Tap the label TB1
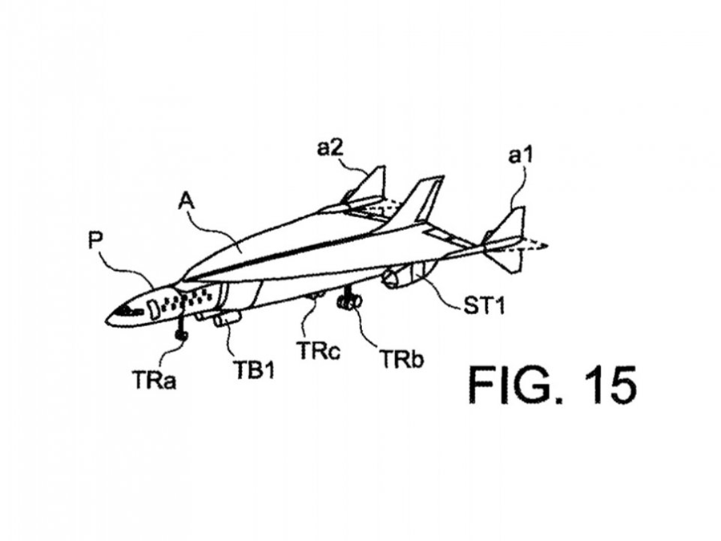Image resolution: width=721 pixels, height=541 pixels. tap(253, 370)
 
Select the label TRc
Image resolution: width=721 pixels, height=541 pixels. tap(316, 349)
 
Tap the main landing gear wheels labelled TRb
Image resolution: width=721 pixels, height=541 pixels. tap(349, 302)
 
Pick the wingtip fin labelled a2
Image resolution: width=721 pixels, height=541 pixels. tap(370, 187)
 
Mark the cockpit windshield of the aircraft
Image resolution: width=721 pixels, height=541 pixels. tap(126, 309)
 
